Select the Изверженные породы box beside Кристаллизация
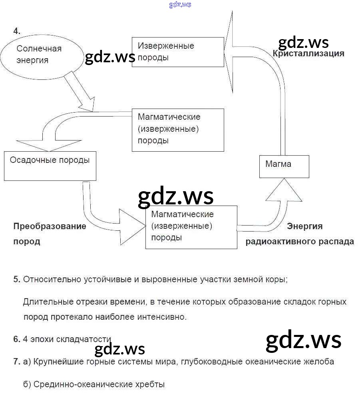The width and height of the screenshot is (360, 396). click(178, 52)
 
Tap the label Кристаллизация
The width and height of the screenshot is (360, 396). click(308, 54)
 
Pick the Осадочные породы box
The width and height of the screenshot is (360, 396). click(50, 166)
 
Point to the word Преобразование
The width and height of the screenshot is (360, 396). click(50, 226)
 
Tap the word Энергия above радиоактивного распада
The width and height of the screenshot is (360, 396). click(305, 226)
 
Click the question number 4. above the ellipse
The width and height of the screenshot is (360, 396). click(16, 31)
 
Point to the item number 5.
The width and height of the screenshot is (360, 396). click(17, 279)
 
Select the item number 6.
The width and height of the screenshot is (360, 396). click(17, 339)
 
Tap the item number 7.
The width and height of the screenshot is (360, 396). click(17, 362)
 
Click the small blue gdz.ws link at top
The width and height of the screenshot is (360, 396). click(180, 4)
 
